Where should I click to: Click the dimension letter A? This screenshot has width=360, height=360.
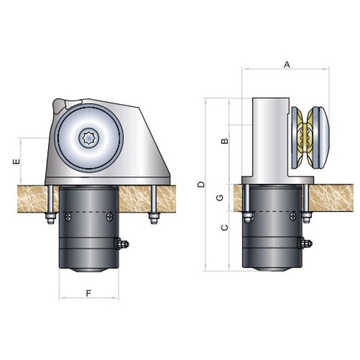click(x=287, y=64)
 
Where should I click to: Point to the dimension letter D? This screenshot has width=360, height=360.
click(x=201, y=184)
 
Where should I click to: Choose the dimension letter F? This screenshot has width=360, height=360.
click(x=89, y=293)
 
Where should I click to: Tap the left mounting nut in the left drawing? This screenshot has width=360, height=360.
click(x=50, y=218)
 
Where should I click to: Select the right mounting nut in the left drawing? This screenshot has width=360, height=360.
click(x=153, y=218)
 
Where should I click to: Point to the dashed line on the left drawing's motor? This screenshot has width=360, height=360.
click(x=89, y=213)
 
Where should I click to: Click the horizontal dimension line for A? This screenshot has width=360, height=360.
click(x=286, y=69)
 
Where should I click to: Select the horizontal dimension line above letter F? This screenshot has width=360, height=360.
click(x=89, y=299)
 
